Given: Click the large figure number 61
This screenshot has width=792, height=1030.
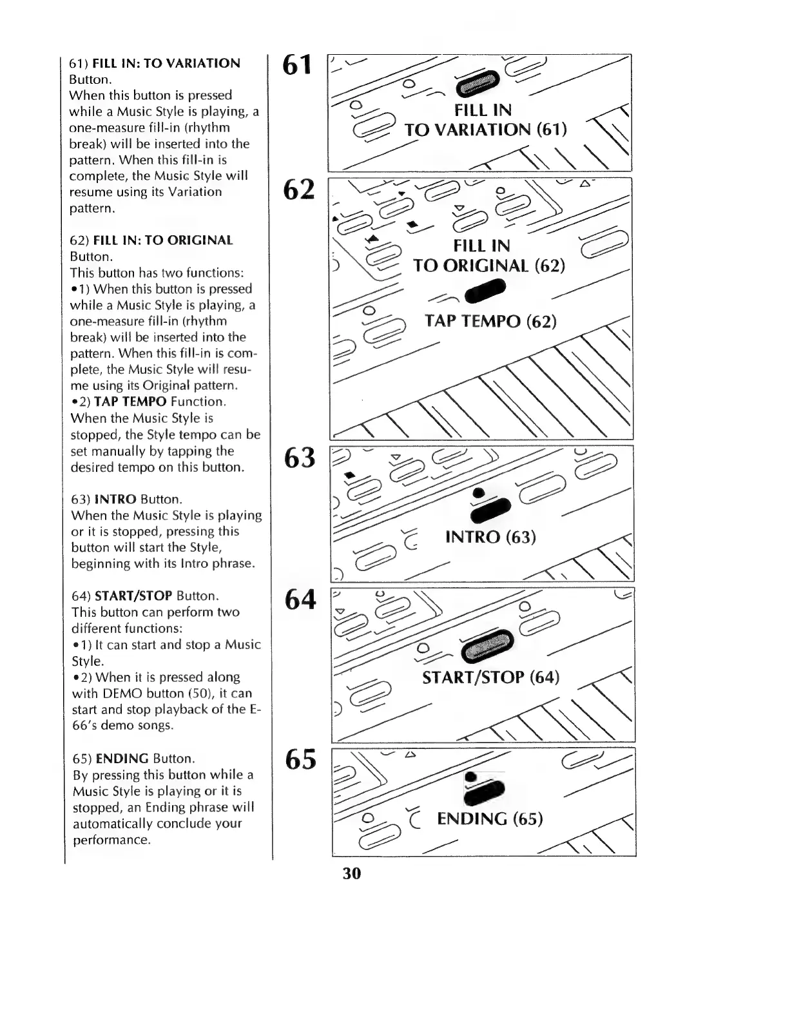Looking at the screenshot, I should coord(298,65).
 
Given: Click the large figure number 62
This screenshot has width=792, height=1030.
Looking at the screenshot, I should coord(299,189).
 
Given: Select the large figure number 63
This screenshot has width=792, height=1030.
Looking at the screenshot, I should coord(300,458).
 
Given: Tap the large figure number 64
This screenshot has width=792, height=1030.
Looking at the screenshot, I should coord(300,599).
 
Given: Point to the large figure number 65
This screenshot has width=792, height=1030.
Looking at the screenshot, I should coord(300,759).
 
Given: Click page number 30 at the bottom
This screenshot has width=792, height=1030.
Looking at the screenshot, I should coord(352,873).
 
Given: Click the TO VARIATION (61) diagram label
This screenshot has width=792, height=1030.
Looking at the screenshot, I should coord(485,130).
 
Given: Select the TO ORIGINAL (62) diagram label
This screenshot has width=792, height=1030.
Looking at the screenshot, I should coord(488,266).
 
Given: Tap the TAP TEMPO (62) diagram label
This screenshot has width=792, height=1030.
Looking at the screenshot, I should coord(490,321).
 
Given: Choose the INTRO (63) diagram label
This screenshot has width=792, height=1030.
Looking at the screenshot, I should coord(490,537).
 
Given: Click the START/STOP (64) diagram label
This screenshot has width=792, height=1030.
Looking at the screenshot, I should coord(490,677).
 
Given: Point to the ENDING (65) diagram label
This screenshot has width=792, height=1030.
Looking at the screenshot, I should coord(490,819).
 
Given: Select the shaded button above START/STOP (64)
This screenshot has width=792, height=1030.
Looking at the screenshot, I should coord(488,645).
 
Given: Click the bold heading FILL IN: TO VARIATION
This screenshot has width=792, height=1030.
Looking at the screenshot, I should coord(166,63).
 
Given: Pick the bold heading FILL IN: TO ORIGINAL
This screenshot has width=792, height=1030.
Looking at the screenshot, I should coord(163,240).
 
